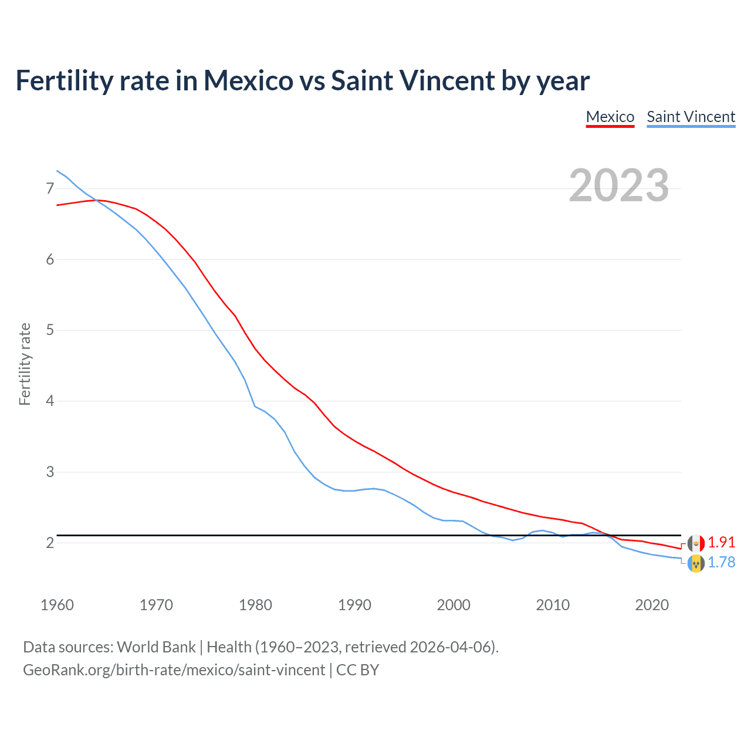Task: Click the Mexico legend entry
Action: pyautogui.click(x=610, y=117)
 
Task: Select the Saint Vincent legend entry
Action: pyautogui.click(x=691, y=117)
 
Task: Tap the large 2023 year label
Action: pyautogui.click(x=618, y=185)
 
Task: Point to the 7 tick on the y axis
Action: pyautogui.click(x=50, y=188)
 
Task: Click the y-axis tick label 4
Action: pyautogui.click(x=50, y=401)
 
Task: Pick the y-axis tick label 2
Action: pyautogui.click(x=50, y=543)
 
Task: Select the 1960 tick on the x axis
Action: pyautogui.click(x=57, y=605)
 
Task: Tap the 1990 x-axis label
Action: pyautogui.click(x=354, y=605)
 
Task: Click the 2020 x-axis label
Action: pyautogui.click(x=652, y=605)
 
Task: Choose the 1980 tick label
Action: pyautogui.click(x=255, y=605)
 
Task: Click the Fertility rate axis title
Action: pyautogui.click(x=25, y=364)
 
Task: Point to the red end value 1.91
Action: pyautogui.click(x=721, y=542)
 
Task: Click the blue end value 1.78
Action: pyautogui.click(x=721, y=562)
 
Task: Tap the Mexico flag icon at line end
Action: pyautogui.click(x=696, y=543)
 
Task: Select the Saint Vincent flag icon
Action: pyautogui.click(x=696, y=564)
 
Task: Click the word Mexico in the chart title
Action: pyautogui.click(x=248, y=81)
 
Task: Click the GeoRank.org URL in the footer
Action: pyautogui.click(x=174, y=670)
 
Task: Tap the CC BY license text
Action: pyautogui.click(x=357, y=670)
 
